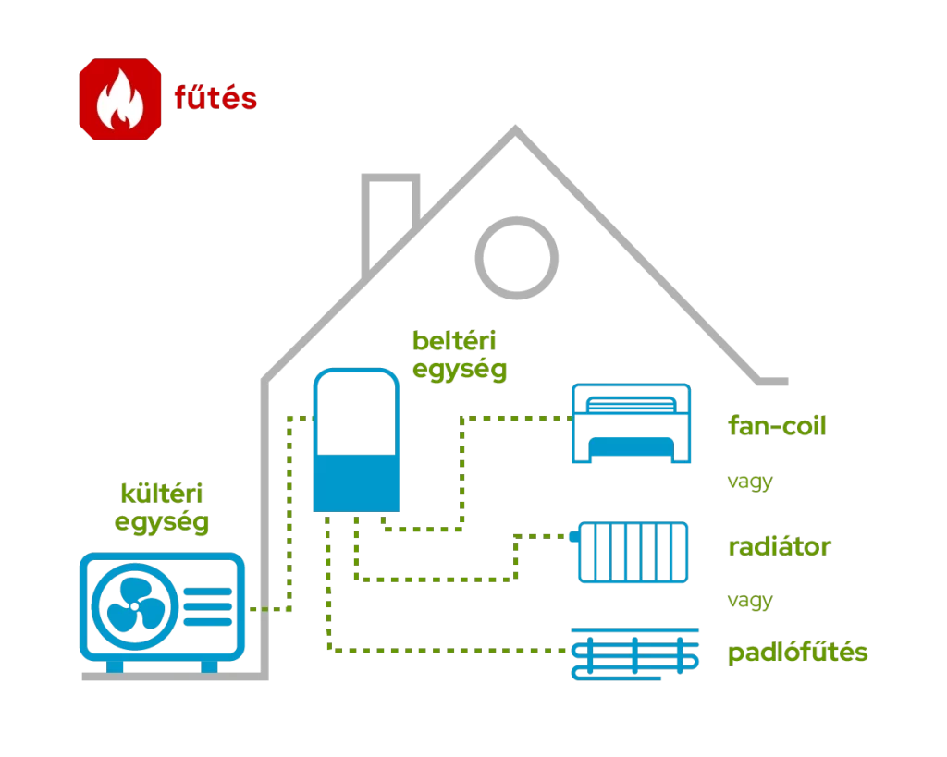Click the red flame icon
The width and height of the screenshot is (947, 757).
coord(120,99)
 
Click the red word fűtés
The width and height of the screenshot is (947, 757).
coord(215,98)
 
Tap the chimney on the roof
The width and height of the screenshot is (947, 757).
coord(389,217)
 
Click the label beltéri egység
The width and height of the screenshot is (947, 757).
coord(460,355)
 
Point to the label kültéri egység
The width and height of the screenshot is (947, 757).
coord(162,507)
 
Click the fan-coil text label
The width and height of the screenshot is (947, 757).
coord(777,426)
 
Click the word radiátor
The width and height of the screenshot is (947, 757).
coord(780,546)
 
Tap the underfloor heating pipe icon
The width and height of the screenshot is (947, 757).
coord(634,654)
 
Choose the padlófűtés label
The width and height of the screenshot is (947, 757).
coord(797,653)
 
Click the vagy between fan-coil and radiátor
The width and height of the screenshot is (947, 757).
coord(749,482)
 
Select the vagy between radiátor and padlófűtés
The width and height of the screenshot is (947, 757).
coord(749,601)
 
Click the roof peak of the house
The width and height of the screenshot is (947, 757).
coord(514,131)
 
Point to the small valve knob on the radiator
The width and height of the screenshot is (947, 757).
coord(573,535)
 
